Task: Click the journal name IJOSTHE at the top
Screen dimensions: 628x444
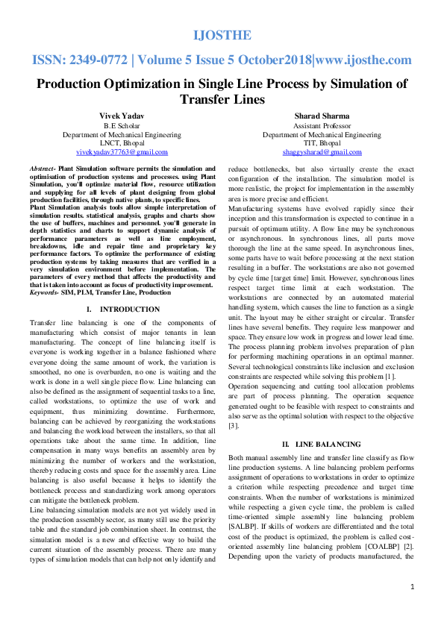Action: point(222,35)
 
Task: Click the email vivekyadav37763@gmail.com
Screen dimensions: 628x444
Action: point(122,151)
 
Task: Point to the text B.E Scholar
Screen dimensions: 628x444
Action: point(122,126)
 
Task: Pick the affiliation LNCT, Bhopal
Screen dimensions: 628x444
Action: point(122,142)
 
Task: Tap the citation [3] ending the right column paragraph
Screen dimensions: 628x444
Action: point(234,425)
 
